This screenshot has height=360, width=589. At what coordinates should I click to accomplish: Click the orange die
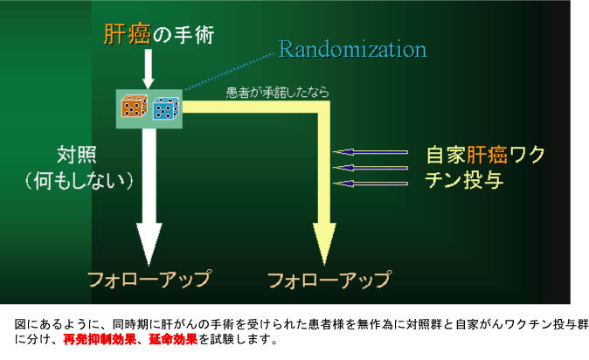(x=134, y=107)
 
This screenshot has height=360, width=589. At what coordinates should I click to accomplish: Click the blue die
(x=166, y=108)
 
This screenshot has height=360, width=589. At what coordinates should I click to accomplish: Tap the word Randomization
(x=353, y=49)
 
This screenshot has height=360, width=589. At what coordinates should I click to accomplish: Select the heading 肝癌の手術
(x=159, y=35)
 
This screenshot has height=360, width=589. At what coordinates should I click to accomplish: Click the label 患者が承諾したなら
(x=278, y=93)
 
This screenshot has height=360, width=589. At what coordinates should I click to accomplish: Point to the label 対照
(x=77, y=155)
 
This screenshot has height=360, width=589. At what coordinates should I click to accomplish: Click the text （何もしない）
(x=80, y=181)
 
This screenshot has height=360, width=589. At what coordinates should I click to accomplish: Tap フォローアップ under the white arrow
(x=149, y=280)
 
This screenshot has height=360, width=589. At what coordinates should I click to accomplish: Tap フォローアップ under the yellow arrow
(x=329, y=280)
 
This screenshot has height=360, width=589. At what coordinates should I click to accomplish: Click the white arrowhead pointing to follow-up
(x=149, y=244)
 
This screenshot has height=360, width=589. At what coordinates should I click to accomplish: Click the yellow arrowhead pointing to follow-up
(x=324, y=244)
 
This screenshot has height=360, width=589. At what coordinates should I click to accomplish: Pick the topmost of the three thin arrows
(x=371, y=152)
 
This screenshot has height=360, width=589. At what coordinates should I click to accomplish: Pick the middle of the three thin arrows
(x=371, y=168)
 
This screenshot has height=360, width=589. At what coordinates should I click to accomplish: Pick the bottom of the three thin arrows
(x=371, y=183)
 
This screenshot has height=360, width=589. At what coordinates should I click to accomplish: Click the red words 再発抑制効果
(x=100, y=340)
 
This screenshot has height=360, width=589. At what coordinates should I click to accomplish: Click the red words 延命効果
(x=173, y=340)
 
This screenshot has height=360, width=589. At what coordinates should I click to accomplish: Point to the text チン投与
(x=464, y=180)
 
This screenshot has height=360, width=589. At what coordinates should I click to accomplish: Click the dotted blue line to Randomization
(x=230, y=72)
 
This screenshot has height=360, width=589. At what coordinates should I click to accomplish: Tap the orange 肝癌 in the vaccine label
(x=488, y=155)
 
